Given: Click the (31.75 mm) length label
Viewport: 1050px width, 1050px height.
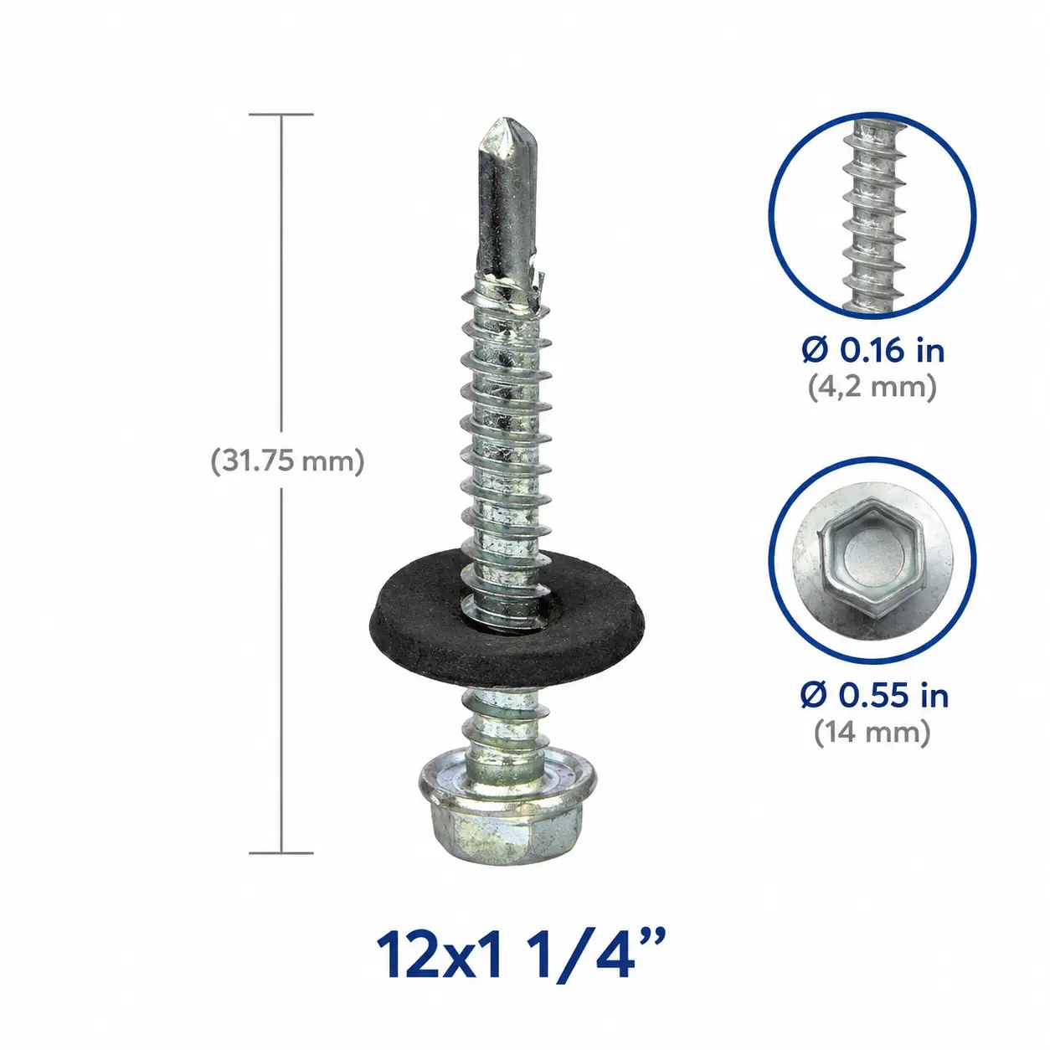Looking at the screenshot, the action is [x=287, y=462].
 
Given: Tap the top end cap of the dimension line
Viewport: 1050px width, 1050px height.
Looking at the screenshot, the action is [x=281, y=115].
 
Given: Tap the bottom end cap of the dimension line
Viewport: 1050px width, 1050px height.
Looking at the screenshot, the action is [x=281, y=852].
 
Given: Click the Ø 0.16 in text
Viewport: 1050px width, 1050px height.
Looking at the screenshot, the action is [x=873, y=350].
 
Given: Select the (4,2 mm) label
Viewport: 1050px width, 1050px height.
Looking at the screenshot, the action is [x=872, y=388].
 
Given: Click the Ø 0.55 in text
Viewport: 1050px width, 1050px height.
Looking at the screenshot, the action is [x=874, y=696].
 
